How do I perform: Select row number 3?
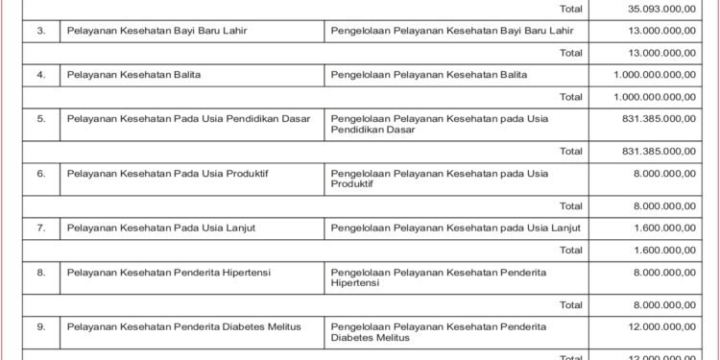(41, 31)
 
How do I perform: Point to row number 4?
(41, 74)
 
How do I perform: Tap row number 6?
(41, 173)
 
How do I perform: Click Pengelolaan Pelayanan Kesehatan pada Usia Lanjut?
(455, 228)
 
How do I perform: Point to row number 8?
(41, 272)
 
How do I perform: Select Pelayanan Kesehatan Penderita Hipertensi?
(169, 272)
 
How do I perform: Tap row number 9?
(41, 326)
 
